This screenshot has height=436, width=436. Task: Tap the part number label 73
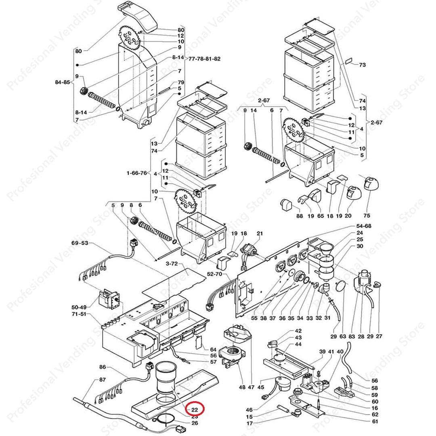tap(362, 65)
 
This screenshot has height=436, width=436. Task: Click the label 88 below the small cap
tap(299, 216)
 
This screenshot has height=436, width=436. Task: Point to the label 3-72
tap(172, 263)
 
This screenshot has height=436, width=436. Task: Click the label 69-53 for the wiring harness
tap(80, 243)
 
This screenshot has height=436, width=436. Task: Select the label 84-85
tap(63, 82)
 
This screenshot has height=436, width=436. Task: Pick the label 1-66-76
tap(136, 174)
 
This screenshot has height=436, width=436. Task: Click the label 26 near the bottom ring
tap(194, 423)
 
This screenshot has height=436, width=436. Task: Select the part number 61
tap(375, 421)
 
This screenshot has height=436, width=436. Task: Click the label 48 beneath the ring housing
tap(242, 387)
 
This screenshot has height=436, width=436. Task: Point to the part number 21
tap(260, 233)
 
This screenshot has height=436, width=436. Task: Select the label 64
tap(213, 349)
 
